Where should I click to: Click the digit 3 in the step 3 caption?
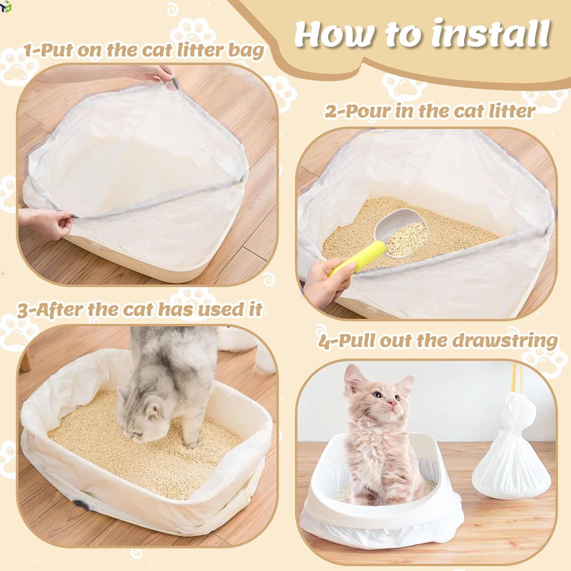click(x=23, y=310)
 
